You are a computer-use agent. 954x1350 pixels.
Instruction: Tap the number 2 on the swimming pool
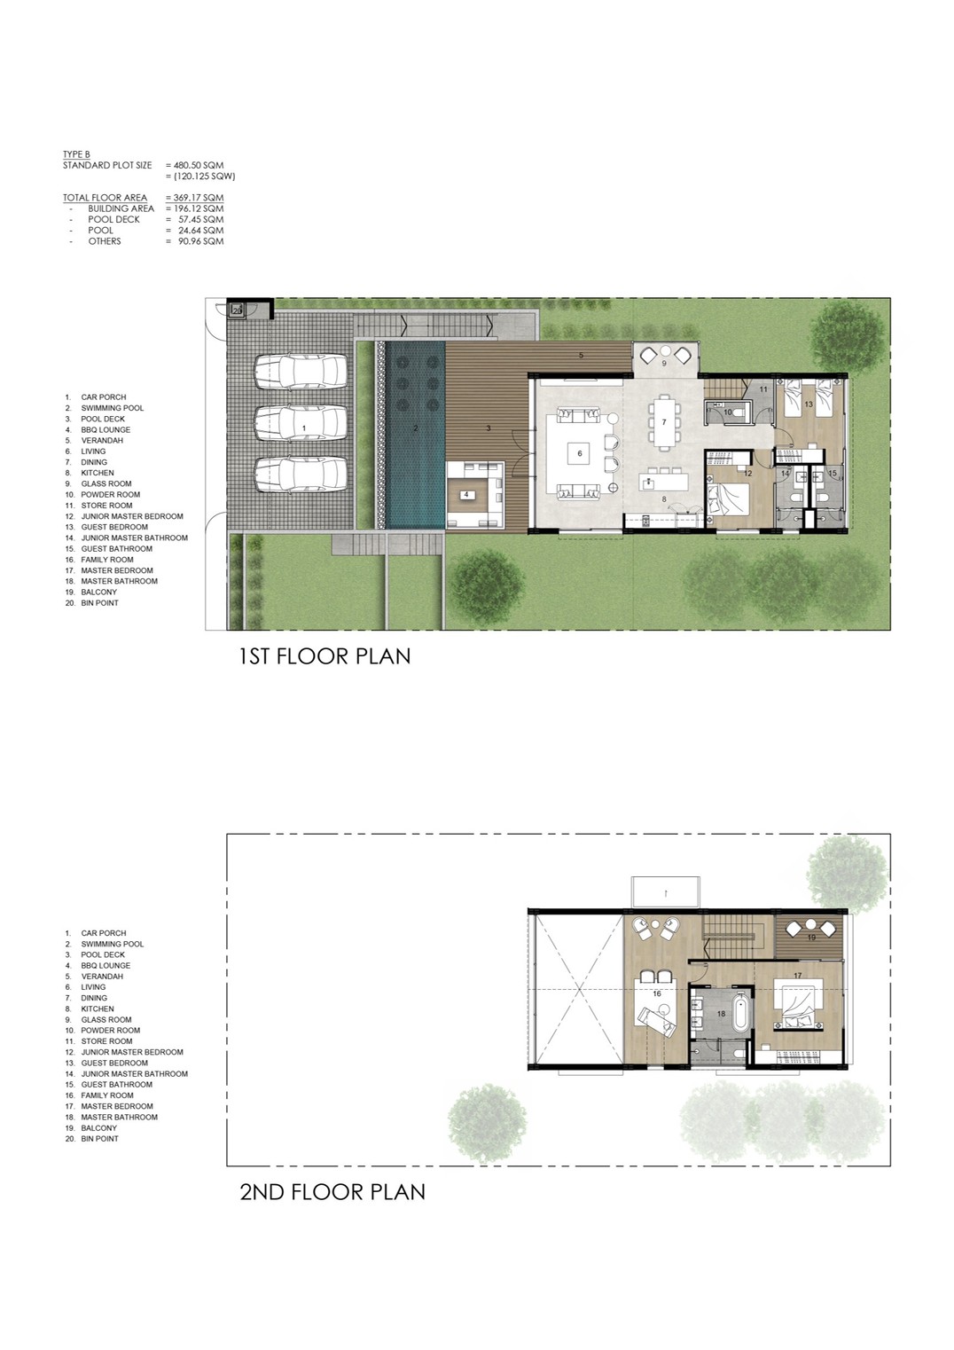pos(416,428)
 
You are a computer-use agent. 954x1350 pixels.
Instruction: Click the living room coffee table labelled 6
pos(579,453)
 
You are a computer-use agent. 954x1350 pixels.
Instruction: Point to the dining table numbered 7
pos(664,422)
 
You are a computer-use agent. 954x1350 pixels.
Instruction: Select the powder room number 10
pos(728,412)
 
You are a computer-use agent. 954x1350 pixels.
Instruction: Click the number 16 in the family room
pos(657,993)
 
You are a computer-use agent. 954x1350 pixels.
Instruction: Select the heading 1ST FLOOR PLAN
pos(325,656)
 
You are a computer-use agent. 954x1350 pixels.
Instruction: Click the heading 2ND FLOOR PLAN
pos(332,1192)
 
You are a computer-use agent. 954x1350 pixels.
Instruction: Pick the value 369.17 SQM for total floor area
pos(197,198)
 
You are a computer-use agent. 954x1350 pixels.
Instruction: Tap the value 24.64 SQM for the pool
pos(200,231)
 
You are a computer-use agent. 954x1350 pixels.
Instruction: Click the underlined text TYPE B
pos(76,155)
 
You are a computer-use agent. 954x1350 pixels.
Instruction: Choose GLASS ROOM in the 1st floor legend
pos(106,483)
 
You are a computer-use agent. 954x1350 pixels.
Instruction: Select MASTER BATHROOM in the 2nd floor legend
pos(119,1117)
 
